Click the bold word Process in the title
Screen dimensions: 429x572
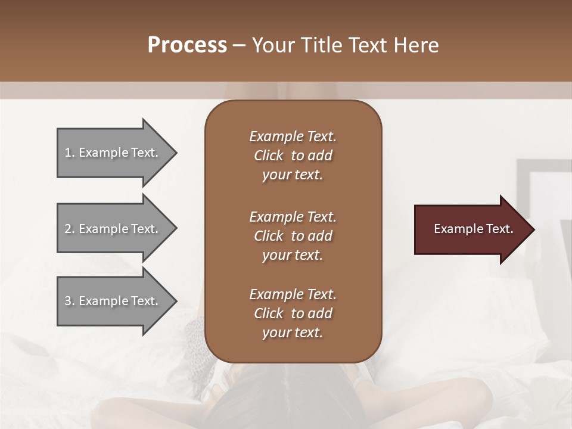187,45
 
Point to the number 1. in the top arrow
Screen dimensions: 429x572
70,153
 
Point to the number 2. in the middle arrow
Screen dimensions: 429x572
70,229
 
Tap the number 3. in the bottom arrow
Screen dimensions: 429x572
70,301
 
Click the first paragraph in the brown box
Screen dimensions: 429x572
293,156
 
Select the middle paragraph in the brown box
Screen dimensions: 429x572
293,236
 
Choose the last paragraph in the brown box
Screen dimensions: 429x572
293,313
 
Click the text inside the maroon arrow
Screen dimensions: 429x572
474,229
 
